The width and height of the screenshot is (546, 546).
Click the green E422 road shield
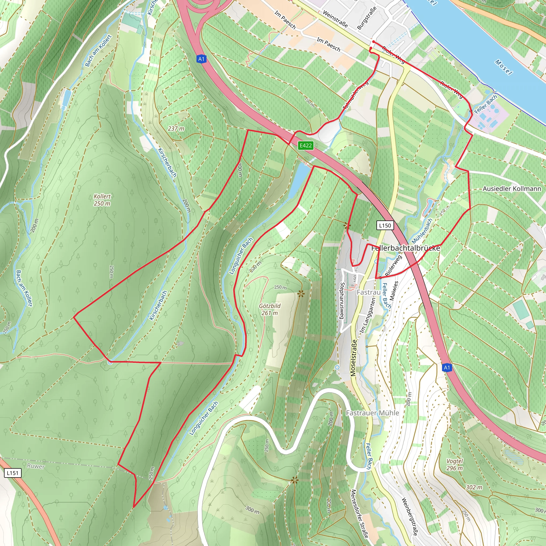coord(306,146)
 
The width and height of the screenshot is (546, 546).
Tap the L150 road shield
coord(385,225)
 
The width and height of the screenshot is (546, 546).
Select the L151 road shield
coord(13,473)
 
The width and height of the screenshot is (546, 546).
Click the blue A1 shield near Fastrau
coord(447,367)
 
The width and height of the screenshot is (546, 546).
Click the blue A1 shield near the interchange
coord(201,59)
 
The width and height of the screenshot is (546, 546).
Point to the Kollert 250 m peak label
coord(102,200)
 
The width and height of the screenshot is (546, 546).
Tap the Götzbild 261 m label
coord(270,310)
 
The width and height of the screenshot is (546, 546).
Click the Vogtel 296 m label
coord(455,464)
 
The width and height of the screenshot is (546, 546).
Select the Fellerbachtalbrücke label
coord(406,248)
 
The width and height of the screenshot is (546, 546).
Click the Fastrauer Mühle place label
coord(372,413)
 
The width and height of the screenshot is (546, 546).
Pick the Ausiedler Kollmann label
coord(512,188)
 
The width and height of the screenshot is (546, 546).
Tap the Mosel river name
coord(503,67)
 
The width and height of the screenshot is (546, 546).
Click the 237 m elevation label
coord(176,129)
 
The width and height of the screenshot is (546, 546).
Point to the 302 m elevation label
coord(474,487)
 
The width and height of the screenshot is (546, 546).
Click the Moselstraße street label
coord(354,358)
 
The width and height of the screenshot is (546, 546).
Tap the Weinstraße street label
coord(335,19)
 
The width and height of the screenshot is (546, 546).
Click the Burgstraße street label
coord(367,18)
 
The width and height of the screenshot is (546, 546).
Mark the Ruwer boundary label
coord(36,466)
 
